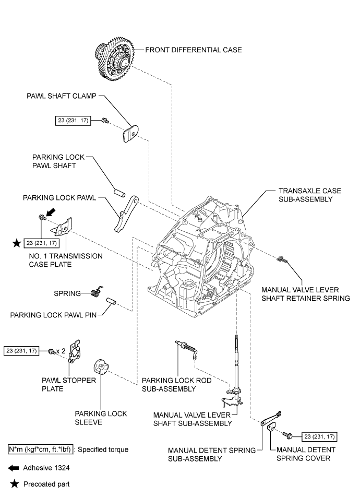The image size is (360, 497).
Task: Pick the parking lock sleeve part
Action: pyautogui.click(x=100, y=369)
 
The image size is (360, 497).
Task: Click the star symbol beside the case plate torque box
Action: pyautogui.click(x=18, y=243)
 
